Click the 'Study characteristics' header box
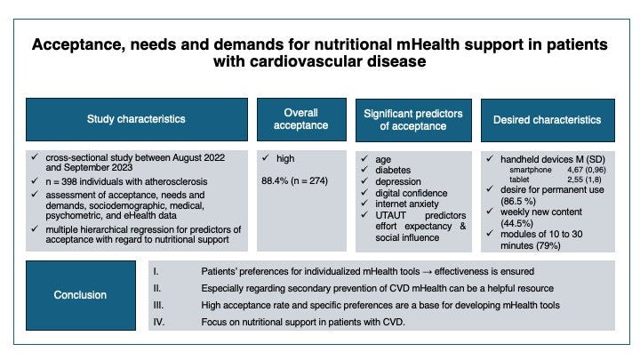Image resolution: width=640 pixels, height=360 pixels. (137, 119)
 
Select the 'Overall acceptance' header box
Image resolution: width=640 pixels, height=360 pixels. (301, 119)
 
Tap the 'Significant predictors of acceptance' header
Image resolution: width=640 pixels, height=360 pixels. (413, 120)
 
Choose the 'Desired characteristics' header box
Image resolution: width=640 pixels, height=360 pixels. (548, 120)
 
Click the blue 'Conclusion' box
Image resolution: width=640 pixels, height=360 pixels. (81, 295)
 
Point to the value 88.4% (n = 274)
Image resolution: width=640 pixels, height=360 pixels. (295, 180)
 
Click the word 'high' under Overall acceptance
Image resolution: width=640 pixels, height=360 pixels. (285, 158)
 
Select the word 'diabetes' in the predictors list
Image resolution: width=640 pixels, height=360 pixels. (393, 170)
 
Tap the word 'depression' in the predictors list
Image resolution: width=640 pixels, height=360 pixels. (398, 181)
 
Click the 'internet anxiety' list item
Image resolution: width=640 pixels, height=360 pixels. (407, 204)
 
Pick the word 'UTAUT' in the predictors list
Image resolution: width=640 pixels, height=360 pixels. (390, 215)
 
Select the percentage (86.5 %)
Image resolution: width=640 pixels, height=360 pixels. (518, 201)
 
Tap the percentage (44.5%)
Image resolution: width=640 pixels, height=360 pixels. (516, 223)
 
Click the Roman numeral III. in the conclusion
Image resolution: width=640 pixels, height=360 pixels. (158, 305)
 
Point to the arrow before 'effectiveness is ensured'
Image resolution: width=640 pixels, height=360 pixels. (427, 272)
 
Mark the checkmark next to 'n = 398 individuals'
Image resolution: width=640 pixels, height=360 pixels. (35, 180)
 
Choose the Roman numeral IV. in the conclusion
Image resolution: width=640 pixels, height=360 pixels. (159, 322)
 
